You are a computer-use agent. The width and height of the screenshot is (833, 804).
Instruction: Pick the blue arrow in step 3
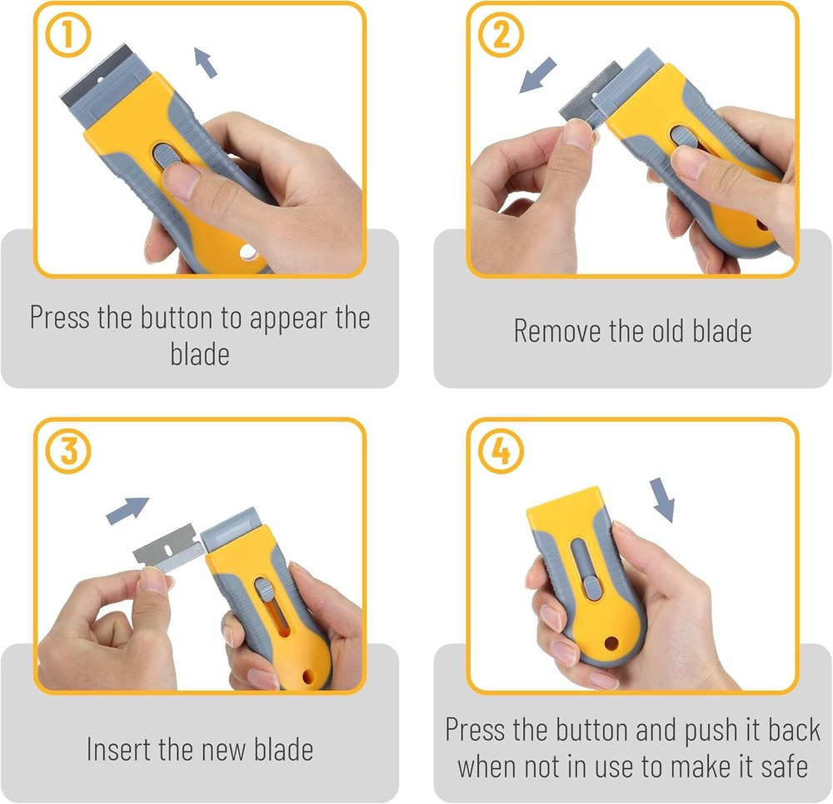click(x=127, y=510)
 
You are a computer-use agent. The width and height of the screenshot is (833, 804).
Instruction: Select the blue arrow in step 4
click(x=661, y=499)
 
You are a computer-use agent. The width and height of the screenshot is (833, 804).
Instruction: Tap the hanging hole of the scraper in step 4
click(x=613, y=644)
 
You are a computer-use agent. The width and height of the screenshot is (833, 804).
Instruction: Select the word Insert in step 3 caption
click(x=119, y=748)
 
